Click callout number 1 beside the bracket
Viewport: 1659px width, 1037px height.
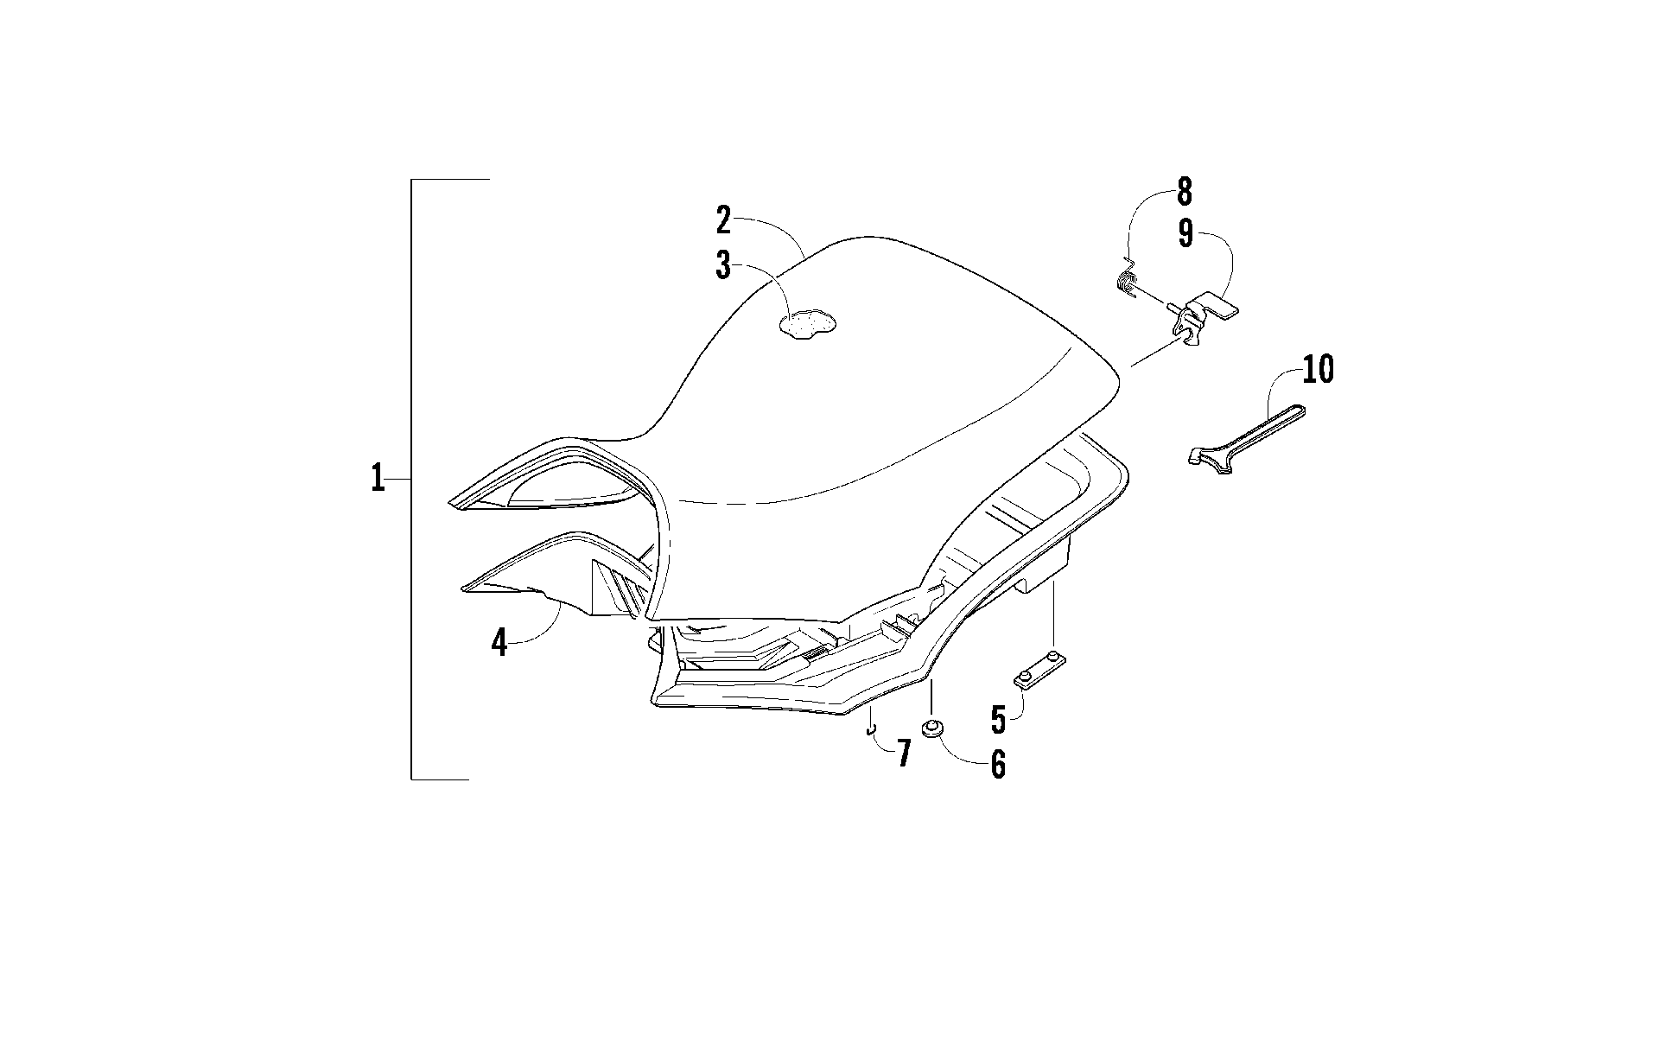(x=378, y=478)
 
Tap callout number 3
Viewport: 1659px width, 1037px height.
(x=723, y=266)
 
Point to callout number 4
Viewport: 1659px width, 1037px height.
(x=499, y=643)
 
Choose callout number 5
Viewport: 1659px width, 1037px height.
(x=999, y=719)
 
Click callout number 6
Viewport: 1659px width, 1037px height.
(x=998, y=764)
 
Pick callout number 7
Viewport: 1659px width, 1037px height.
(x=903, y=754)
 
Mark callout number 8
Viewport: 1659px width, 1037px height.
(x=1184, y=192)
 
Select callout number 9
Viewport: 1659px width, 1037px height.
(x=1185, y=234)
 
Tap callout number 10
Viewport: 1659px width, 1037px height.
(x=1319, y=370)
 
